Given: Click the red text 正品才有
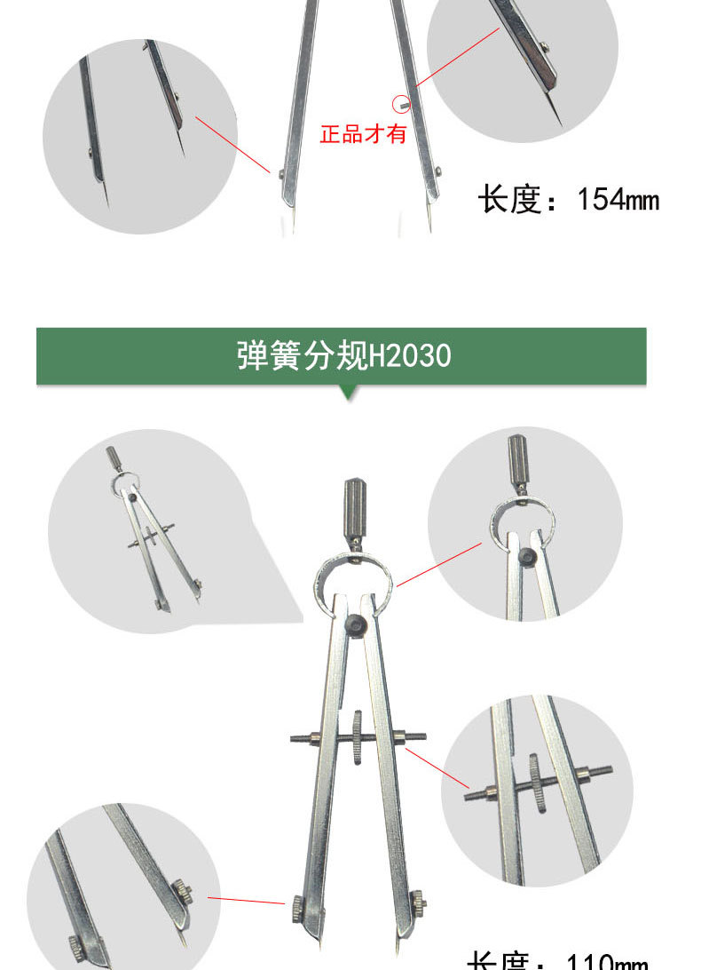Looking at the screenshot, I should click(x=362, y=135).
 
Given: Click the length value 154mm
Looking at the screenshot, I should click(x=618, y=199).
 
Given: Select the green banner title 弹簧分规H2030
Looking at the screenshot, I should click(x=343, y=356).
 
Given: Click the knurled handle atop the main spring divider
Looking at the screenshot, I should click(x=354, y=508).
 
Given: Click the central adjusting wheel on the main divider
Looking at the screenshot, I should click(x=357, y=737).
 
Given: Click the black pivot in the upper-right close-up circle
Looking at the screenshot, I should click(x=527, y=556).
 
